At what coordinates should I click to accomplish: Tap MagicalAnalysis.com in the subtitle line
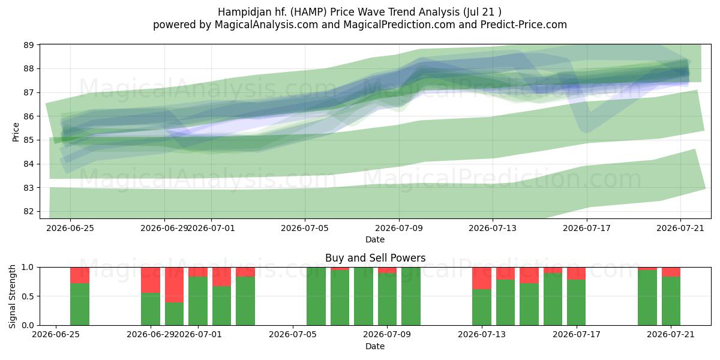click(266, 25)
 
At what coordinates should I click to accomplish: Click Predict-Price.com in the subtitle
click(524, 25)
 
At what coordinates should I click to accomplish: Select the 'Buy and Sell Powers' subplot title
click(375, 258)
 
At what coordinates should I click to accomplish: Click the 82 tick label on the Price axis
click(29, 211)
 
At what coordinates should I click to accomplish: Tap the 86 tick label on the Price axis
click(29, 116)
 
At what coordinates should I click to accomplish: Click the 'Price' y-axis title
click(16, 132)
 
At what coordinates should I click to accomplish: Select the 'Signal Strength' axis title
click(12, 296)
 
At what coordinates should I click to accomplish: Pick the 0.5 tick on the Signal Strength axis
click(28, 296)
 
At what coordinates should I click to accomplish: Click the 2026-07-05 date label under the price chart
click(305, 228)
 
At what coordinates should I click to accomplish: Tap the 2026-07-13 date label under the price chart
click(493, 228)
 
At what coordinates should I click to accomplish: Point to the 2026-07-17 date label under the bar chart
click(577, 334)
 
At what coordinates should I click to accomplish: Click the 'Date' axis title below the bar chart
click(375, 346)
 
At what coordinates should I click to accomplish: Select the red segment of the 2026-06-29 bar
click(151, 280)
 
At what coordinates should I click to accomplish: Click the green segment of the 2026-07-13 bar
click(482, 307)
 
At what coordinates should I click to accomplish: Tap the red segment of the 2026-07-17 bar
click(577, 274)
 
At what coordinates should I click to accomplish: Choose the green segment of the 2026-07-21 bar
click(671, 301)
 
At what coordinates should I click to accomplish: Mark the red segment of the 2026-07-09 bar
click(387, 271)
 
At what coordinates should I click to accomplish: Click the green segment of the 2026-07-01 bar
click(198, 301)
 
